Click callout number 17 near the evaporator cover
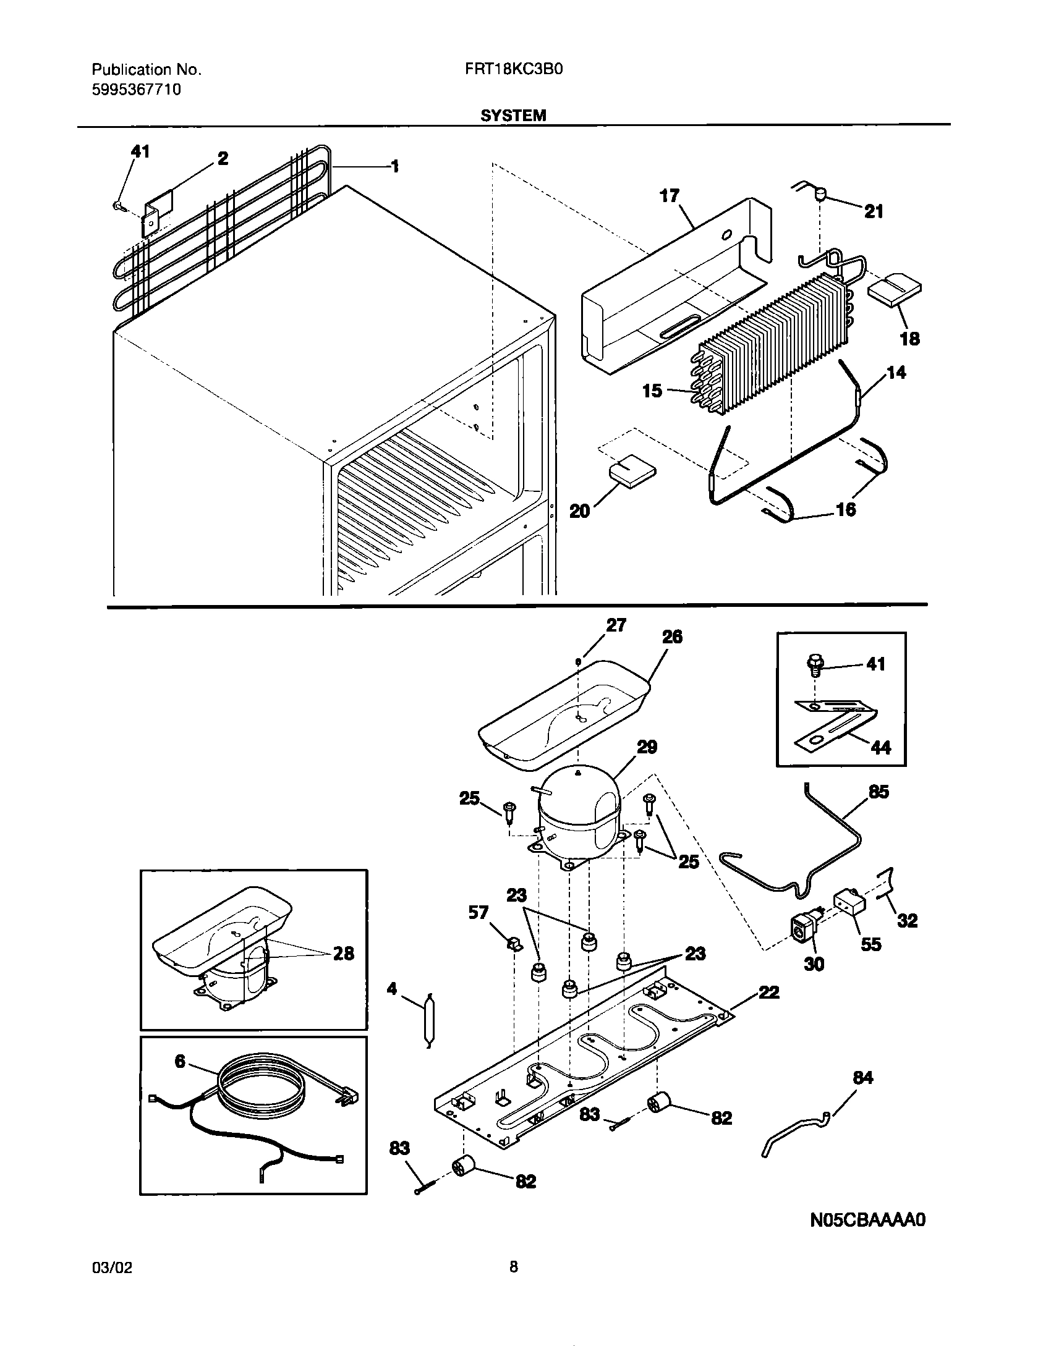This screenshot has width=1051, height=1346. tap(670, 196)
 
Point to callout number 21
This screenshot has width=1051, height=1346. tap(874, 212)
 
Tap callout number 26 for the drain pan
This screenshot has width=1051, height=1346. tap(672, 637)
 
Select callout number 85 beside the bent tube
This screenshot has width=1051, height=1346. tap(879, 792)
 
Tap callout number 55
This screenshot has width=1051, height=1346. tap(870, 944)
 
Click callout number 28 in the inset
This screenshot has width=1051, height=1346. tap(344, 954)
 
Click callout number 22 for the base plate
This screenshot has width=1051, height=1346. tap(768, 993)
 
